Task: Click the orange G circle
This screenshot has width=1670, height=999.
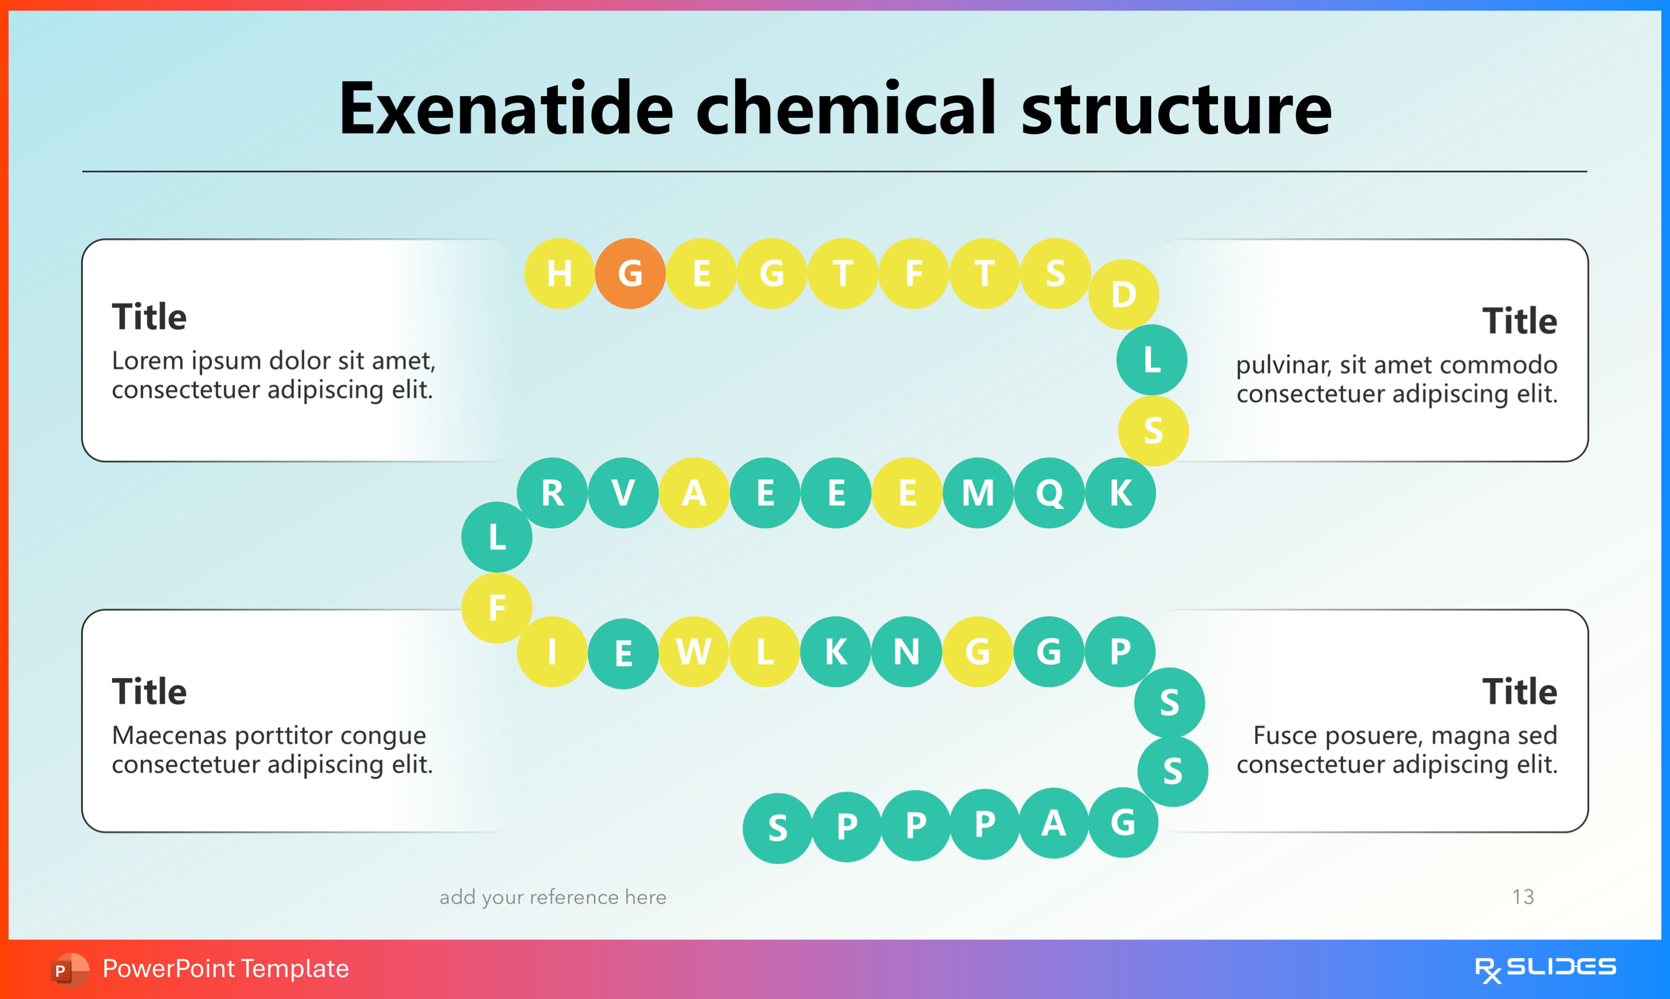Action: (x=630, y=273)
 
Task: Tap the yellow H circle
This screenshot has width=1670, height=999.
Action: (x=559, y=273)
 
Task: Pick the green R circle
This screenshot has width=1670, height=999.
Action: (x=552, y=493)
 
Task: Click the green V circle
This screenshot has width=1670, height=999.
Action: (x=623, y=493)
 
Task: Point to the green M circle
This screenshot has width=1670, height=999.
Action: (x=978, y=493)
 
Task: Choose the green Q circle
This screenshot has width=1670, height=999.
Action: (x=1049, y=493)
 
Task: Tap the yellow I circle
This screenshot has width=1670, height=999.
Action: (x=552, y=651)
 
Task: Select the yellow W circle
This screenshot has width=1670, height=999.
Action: (x=693, y=651)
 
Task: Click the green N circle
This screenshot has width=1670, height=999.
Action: (x=906, y=651)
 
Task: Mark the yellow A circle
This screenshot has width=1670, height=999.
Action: (x=693, y=493)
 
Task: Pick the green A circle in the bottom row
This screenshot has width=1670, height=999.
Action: (x=1053, y=823)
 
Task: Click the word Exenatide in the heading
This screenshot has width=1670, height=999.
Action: (x=506, y=109)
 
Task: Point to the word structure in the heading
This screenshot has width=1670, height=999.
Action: (x=1176, y=109)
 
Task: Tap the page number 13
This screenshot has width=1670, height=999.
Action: (x=1522, y=897)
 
